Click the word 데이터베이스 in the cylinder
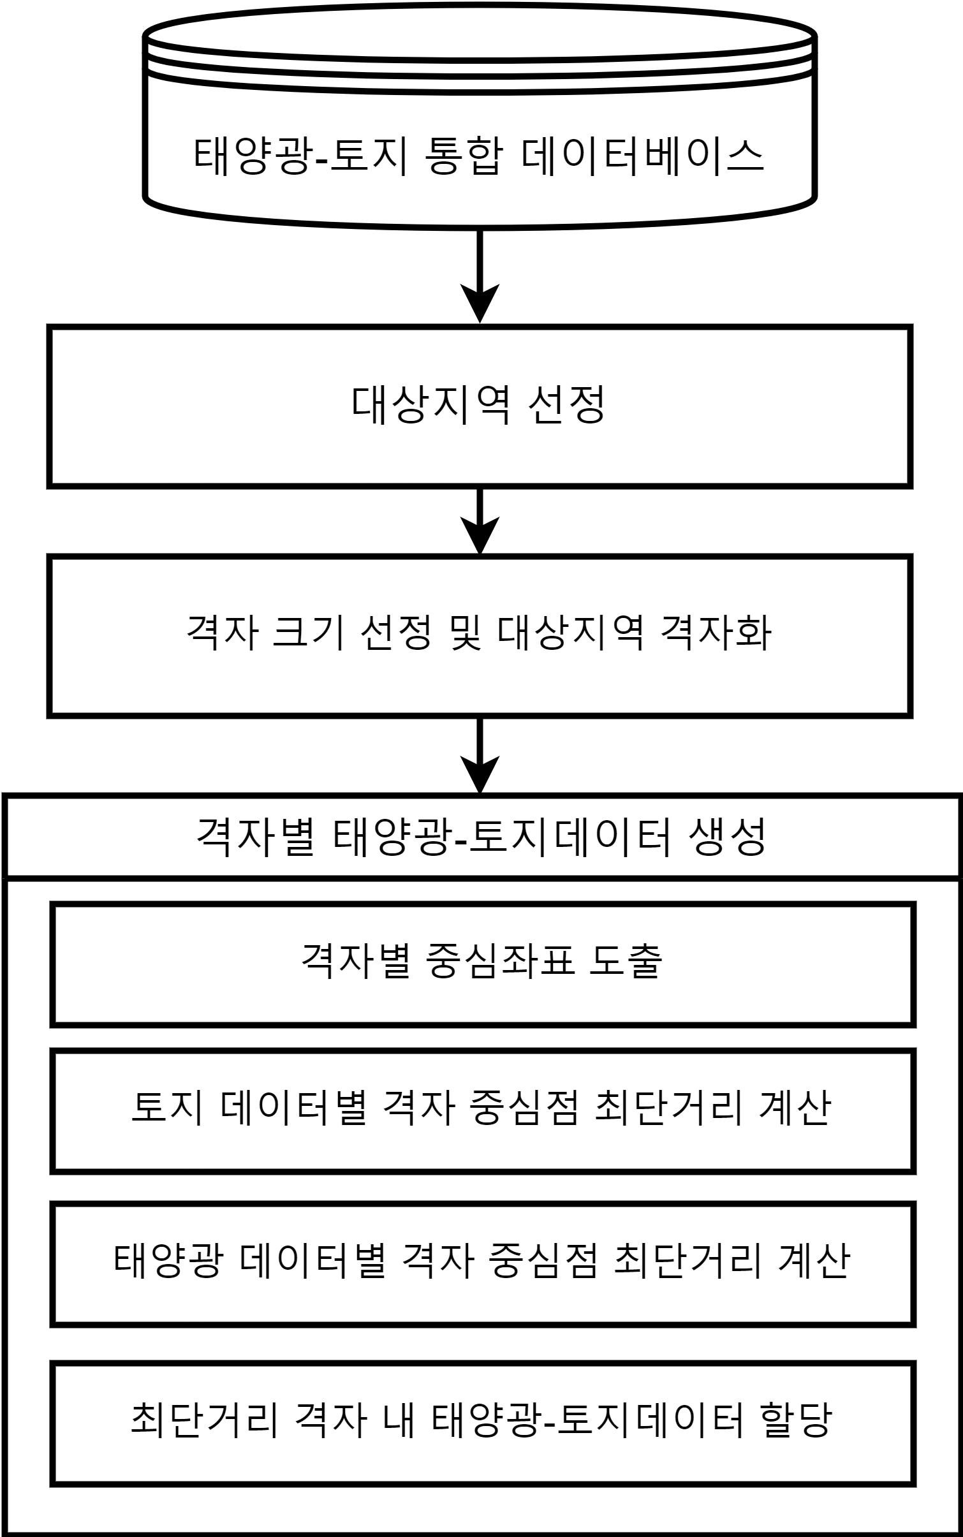click(x=642, y=156)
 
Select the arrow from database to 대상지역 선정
click(x=480, y=276)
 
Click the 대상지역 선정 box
click(x=480, y=406)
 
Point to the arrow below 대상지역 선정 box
click(x=480, y=520)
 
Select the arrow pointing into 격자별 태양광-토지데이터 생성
click(x=480, y=755)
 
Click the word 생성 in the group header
click(x=727, y=836)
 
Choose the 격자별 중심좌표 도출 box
click(x=483, y=964)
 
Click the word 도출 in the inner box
click(x=625, y=961)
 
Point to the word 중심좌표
click(x=501, y=961)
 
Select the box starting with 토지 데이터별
click(x=483, y=1110)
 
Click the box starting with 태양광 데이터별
click(x=483, y=1263)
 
